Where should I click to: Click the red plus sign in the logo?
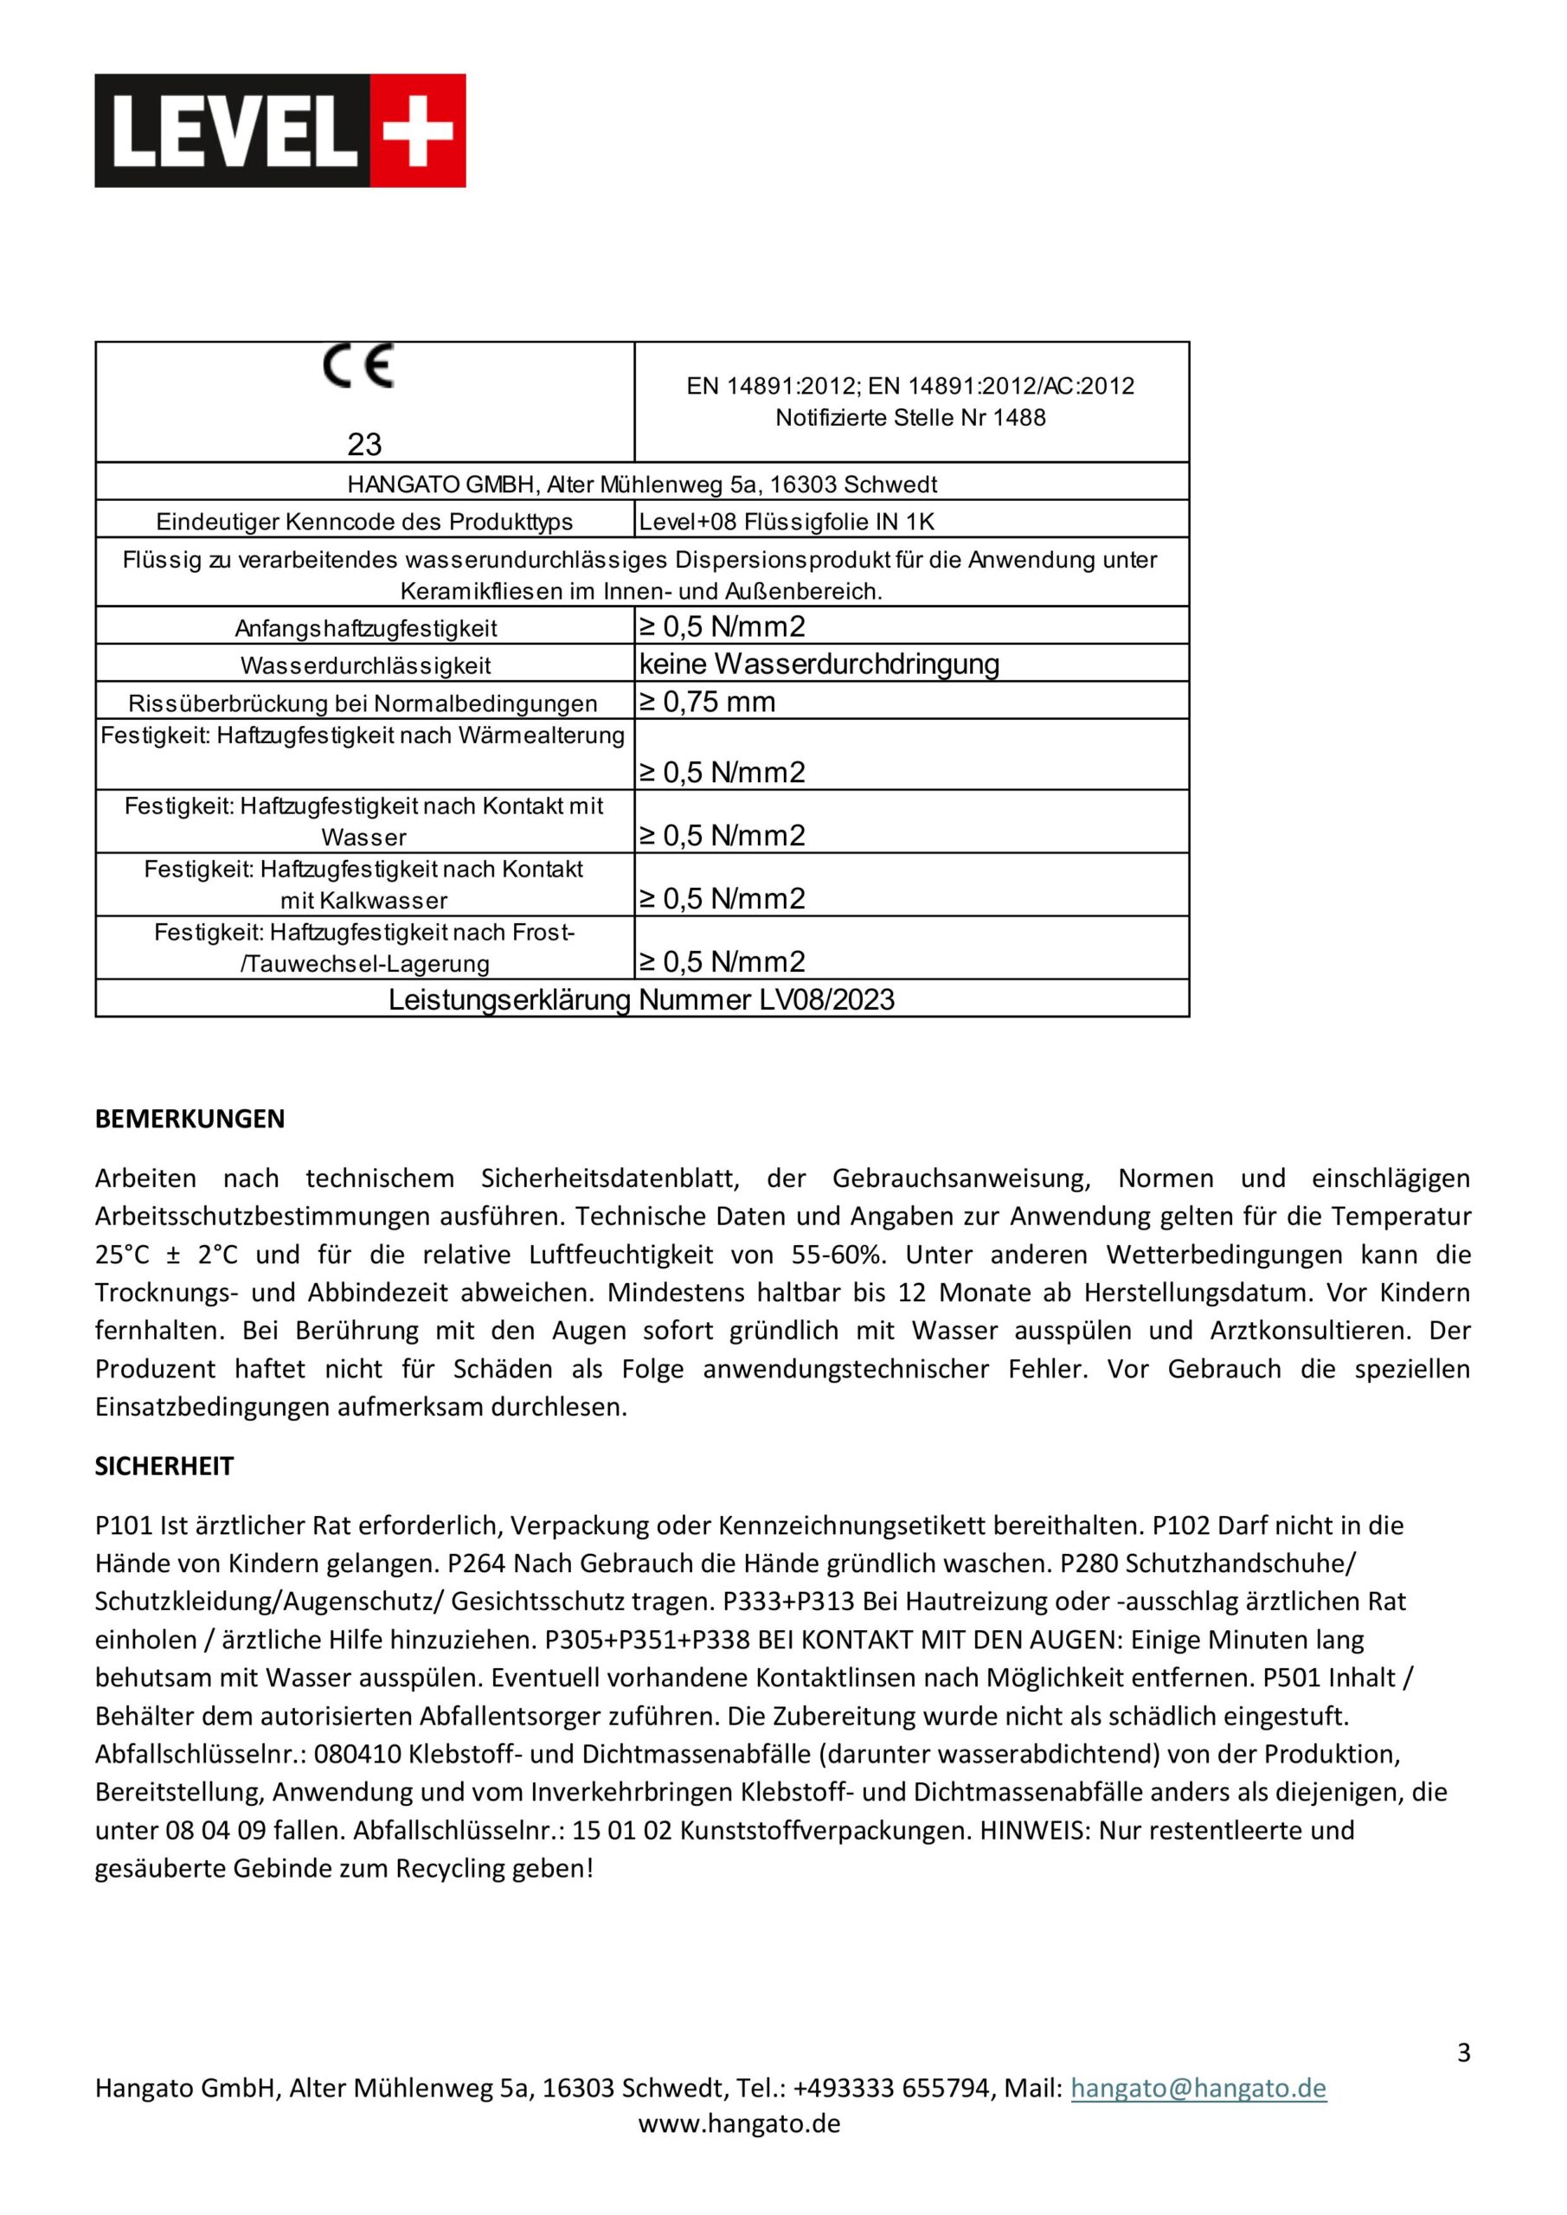418,131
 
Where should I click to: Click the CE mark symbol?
358,366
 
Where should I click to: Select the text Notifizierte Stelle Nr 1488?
910,418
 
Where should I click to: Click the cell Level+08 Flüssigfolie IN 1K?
787,522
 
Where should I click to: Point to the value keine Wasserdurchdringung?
819,664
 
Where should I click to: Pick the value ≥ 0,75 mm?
706,702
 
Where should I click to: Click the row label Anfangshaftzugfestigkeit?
366,628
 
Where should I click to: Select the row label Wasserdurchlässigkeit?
366,665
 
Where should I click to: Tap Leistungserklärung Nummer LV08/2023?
642,999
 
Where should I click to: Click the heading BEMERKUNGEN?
190,1119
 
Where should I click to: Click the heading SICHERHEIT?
164,1467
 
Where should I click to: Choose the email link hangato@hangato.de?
1198,2089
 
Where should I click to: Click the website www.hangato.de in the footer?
739,2123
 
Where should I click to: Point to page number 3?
1463,2053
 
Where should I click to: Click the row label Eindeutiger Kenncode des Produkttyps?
365,522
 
